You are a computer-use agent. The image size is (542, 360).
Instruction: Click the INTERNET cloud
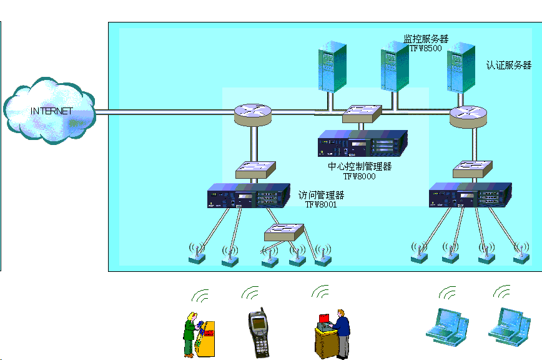pyautogui.click(x=49, y=111)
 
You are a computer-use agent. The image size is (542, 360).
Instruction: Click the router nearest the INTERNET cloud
pyautogui.click(x=254, y=113)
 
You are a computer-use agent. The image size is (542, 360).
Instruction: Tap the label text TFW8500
pyautogui.click(x=426, y=48)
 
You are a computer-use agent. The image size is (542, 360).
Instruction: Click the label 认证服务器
pyautogui.click(x=509, y=65)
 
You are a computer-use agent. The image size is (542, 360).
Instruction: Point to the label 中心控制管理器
pyautogui.click(x=360, y=167)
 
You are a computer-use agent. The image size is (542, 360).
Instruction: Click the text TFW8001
pyautogui.click(x=321, y=204)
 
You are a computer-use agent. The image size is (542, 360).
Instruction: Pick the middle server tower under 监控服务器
pyautogui.click(x=395, y=65)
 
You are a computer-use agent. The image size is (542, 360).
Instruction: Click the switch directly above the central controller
pyautogui.click(x=362, y=112)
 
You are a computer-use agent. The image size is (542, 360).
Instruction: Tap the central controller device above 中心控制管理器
pyautogui.click(x=362, y=146)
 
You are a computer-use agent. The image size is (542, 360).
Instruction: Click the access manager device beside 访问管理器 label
pyautogui.click(x=249, y=196)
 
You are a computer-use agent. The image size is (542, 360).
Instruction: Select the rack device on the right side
pyautogui.click(x=470, y=196)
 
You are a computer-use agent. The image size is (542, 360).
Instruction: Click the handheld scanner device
pyautogui.click(x=259, y=333)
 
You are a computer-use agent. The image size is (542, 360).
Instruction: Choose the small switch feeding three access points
pyautogui.click(x=284, y=232)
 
